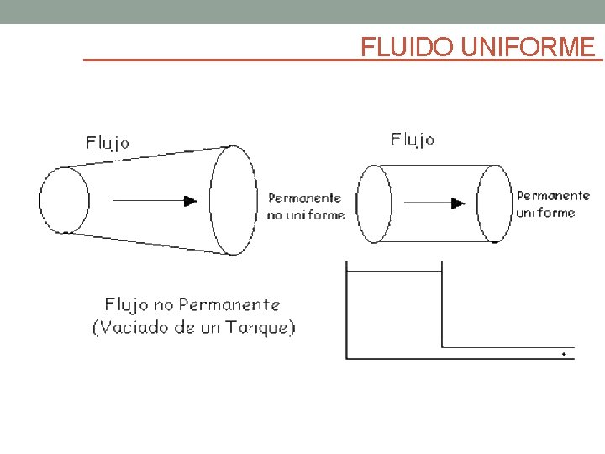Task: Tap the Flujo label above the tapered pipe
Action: [x=108, y=142]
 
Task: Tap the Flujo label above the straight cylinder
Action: [x=413, y=140]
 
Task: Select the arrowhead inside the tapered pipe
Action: [x=191, y=200]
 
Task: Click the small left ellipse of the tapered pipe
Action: [x=64, y=200]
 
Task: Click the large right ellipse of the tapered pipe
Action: [x=234, y=200]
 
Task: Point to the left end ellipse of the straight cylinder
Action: [x=375, y=203]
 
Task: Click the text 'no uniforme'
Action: [x=306, y=215]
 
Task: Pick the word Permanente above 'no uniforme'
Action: [x=304, y=198]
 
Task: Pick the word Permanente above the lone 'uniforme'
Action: [x=553, y=196]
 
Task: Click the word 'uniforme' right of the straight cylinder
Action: [x=545, y=213]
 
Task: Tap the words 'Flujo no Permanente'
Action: [x=192, y=304]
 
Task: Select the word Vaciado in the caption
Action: [x=130, y=328]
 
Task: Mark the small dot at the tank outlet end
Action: [x=563, y=354]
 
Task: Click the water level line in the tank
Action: [x=393, y=272]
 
